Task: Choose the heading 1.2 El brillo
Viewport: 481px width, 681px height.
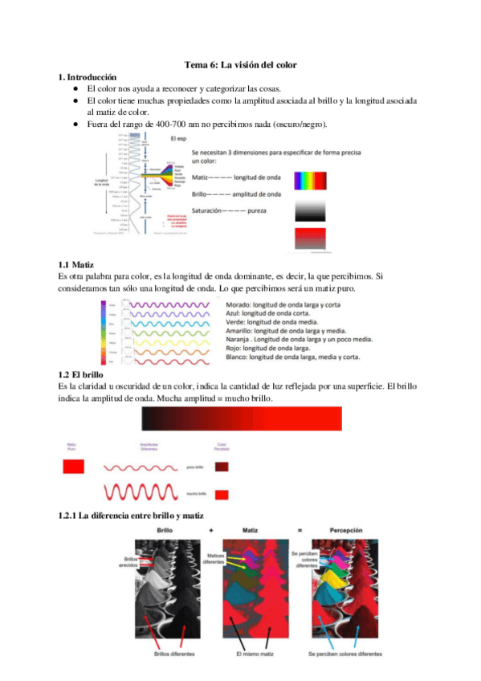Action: pos(82,375)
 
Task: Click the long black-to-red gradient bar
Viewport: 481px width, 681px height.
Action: pos(241,419)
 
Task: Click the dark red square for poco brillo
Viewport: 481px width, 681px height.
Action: pos(222,466)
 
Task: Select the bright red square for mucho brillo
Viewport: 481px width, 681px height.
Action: pos(222,494)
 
